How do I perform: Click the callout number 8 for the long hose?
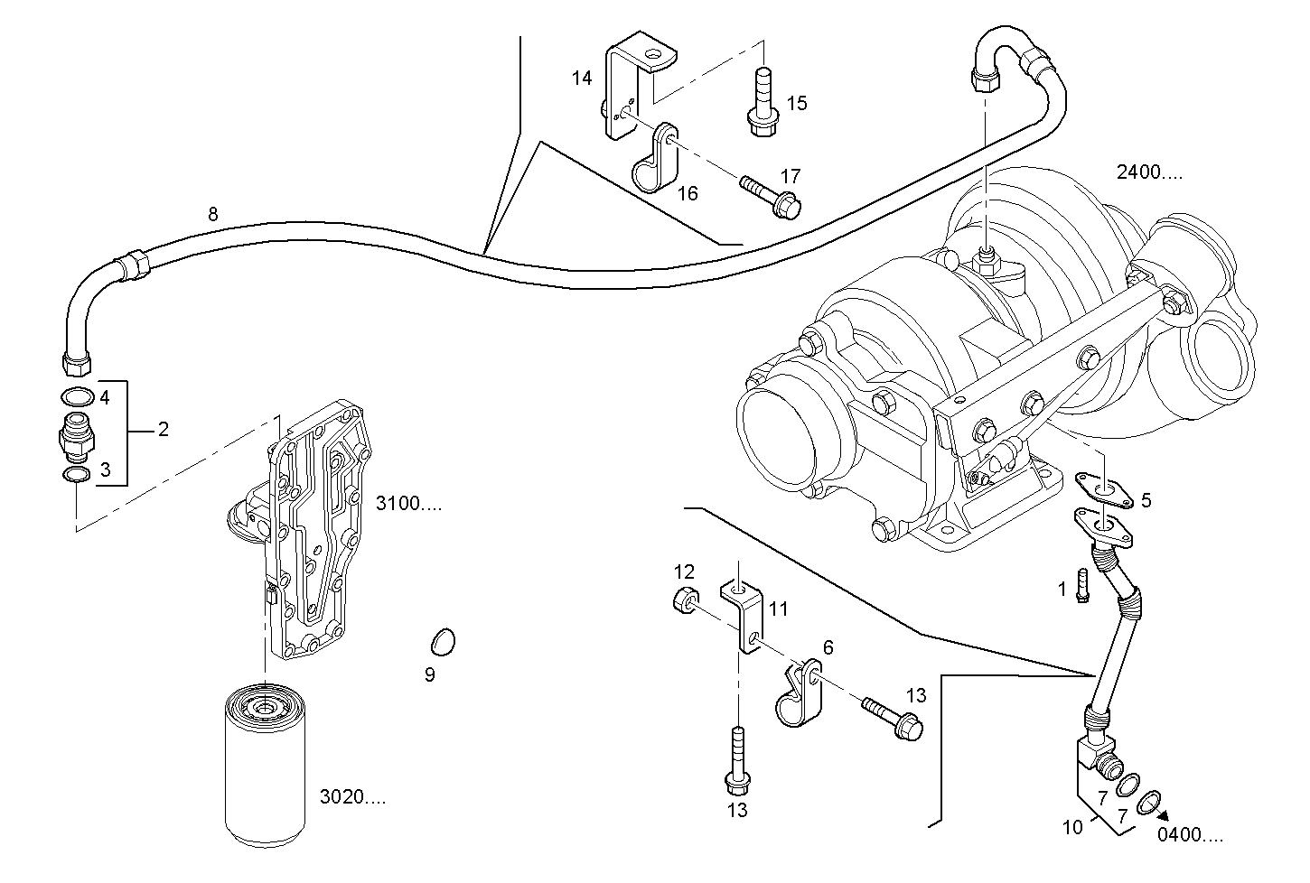pos(212,214)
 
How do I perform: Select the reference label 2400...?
pos(1148,173)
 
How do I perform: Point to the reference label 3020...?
pos(352,797)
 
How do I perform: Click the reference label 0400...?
pos(1191,834)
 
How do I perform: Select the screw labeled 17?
pos(771,195)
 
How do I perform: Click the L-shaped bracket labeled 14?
pos(622,90)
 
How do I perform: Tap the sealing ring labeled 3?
pos(77,475)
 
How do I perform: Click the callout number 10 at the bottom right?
pos(1071,826)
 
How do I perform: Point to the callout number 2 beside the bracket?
pos(163,430)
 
